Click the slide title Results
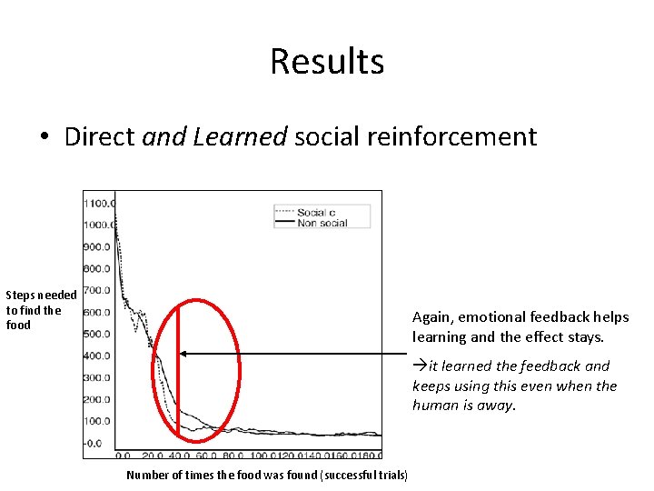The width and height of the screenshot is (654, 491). (x=327, y=62)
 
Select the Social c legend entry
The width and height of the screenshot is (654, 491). (x=316, y=212)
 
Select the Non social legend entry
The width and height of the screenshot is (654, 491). (x=322, y=223)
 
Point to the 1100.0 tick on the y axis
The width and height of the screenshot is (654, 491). (x=98, y=204)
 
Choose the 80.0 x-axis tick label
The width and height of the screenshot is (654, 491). (x=233, y=456)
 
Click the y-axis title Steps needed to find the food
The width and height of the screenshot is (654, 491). (x=40, y=309)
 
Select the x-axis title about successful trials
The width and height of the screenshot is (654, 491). (x=267, y=475)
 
